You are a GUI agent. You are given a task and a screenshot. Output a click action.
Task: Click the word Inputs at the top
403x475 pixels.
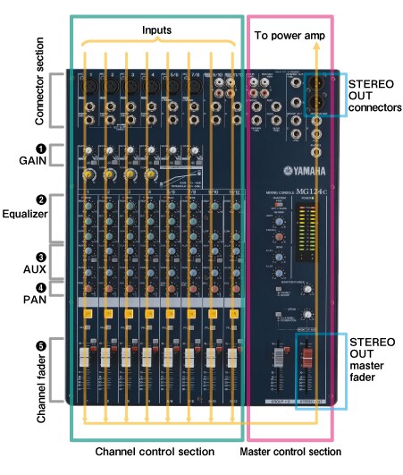(157, 29)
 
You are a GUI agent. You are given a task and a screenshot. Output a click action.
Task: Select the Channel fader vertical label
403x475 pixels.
(25, 369)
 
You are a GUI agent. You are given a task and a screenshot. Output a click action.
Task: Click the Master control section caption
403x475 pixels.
(290, 452)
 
